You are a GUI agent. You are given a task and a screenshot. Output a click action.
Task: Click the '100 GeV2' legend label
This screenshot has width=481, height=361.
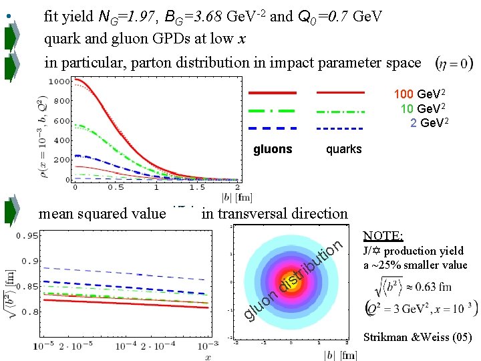pos(420,94)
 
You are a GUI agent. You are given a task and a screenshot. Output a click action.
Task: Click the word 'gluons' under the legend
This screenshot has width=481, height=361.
pos(273,149)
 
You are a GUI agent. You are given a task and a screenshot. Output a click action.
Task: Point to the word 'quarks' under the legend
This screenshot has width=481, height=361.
pos(343,149)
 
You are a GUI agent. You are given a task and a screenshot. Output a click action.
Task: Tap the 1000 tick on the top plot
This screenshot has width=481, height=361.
pos(61,82)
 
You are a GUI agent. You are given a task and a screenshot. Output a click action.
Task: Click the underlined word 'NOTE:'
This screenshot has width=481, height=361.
pos(383,236)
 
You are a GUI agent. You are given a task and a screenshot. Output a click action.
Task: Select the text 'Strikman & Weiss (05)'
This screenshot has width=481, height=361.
pos(418,338)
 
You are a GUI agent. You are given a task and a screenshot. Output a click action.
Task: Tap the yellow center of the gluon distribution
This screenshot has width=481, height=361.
pos(291,281)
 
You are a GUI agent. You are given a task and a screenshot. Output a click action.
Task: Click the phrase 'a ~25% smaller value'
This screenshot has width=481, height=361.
pos(415,265)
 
